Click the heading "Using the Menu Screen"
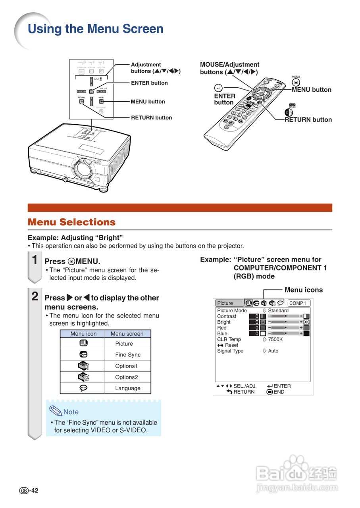95,29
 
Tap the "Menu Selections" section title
71,222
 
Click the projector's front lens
83,169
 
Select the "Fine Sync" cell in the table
128,355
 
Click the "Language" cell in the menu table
128,388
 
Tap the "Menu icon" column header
83,334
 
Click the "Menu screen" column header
127,334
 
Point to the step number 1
35,260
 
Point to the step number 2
35,296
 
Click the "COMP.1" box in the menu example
298,303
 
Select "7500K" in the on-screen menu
275,339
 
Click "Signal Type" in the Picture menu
230,351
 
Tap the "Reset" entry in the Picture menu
231,345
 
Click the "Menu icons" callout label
304,290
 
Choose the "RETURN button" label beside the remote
308,119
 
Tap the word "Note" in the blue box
71,412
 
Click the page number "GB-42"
29,491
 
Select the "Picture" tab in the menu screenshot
225,303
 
